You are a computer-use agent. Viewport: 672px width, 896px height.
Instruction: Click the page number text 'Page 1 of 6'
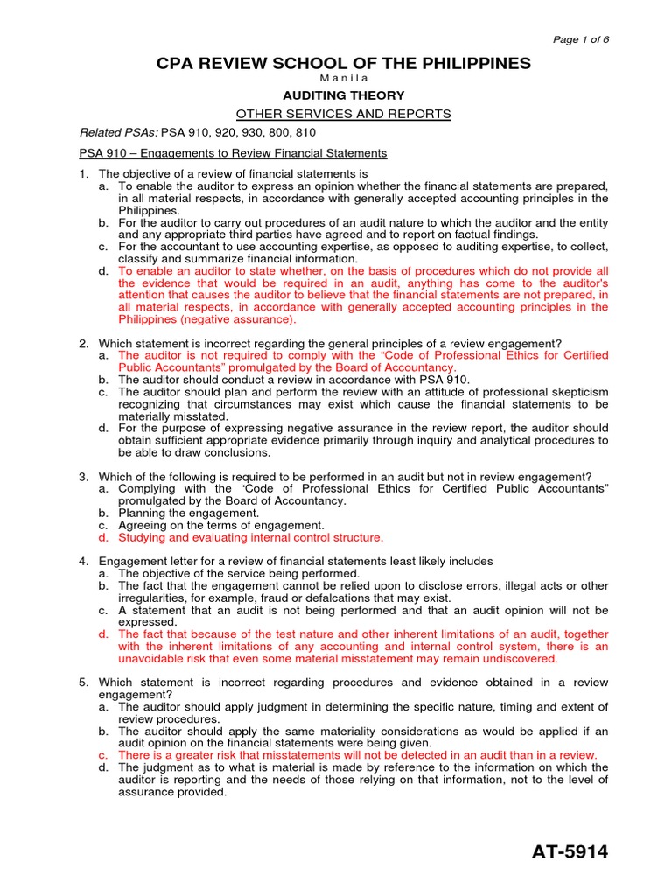581,40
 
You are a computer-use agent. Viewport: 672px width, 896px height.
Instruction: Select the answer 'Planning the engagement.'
188,513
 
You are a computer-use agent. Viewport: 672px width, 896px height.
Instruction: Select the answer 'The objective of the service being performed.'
239,573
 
